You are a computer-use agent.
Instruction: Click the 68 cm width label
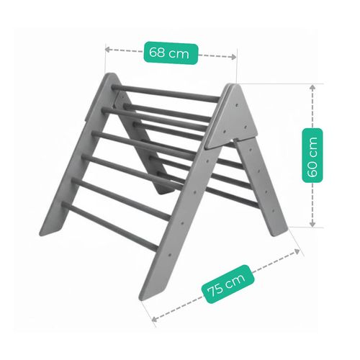(x=171, y=53)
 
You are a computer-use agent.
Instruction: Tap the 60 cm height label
(x=312, y=156)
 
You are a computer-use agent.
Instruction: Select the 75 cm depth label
(x=228, y=284)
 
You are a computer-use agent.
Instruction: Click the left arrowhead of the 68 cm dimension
(x=108, y=50)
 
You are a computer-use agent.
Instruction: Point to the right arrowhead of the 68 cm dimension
(x=233, y=57)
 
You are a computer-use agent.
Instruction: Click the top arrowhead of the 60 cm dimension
(x=312, y=87)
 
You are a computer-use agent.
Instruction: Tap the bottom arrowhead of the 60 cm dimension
(x=312, y=224)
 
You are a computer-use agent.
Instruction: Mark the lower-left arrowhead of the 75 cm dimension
(x=155, y=319)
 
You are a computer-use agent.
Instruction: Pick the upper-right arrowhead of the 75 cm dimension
(x=297, y=252)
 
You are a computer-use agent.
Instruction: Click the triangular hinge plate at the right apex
(x=233, y=117)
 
